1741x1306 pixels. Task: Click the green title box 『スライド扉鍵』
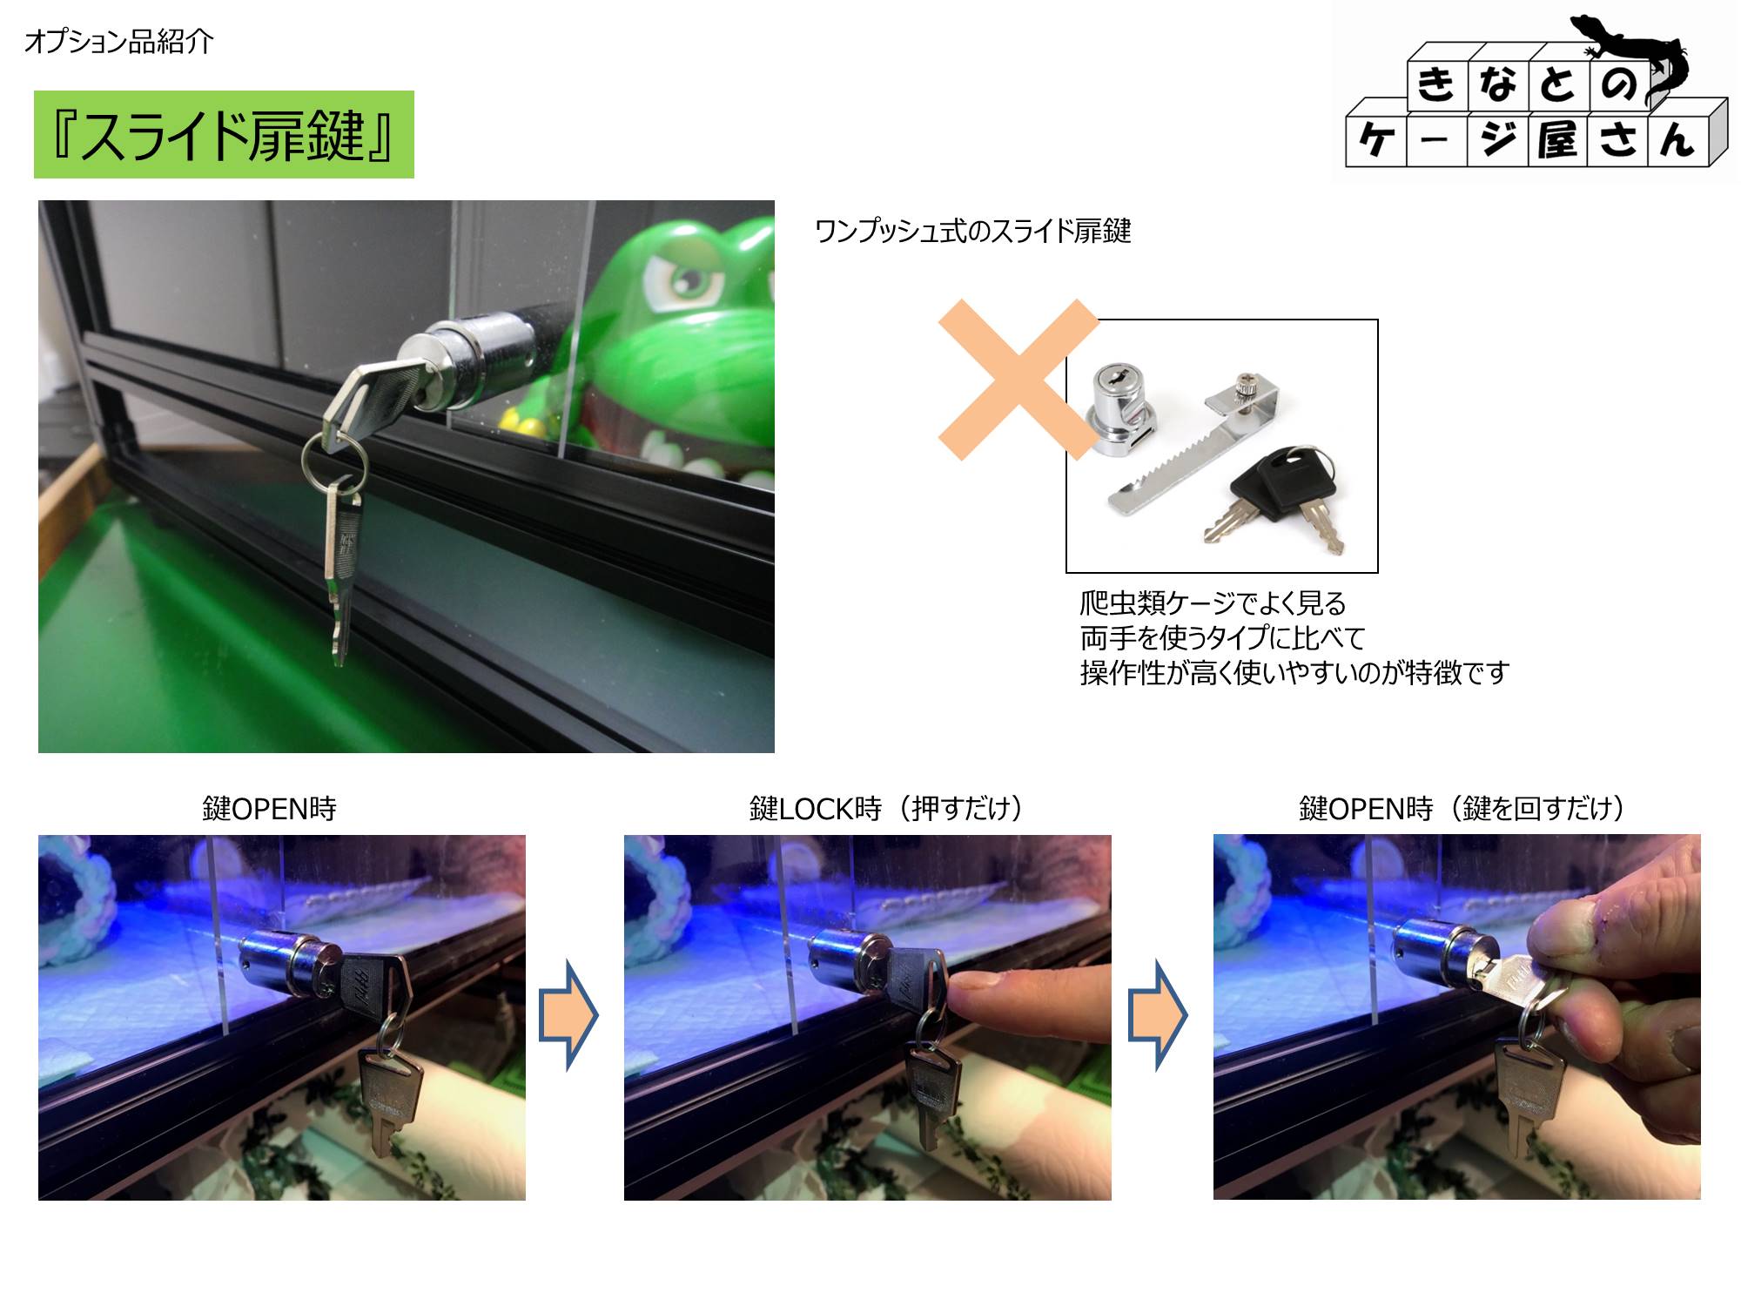(224, 134)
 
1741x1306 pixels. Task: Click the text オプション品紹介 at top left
(119, 41)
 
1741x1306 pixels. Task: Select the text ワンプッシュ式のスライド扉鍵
(972, 231)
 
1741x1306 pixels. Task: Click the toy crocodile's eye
(689, 282)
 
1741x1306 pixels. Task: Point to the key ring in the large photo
(334, 461)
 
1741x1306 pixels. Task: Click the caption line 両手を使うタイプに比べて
(1222, 638)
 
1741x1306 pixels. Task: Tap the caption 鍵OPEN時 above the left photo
(269, 809)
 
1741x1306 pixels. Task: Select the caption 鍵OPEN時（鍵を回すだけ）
(1462, 809)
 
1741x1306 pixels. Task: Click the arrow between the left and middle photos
(568, 1015)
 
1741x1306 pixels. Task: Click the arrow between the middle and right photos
(1158, 1015)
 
